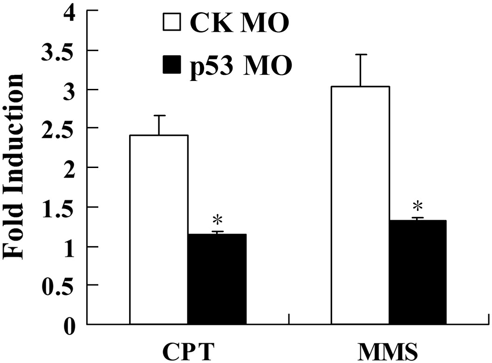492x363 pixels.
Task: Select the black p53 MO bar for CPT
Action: pyautogui.click(x=217, y=279)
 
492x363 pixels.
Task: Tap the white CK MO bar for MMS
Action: pyautogui.click(x=360, y=205)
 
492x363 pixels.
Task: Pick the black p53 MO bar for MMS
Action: pyautogui.click(x=417, y=272)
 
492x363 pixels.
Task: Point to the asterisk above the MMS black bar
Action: pyautogui.click(x=418, y=206)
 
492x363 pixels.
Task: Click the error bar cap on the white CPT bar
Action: pyautogui.click(x=159, y=115)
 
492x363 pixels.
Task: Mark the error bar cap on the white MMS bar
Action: pyautogui.click(x=361, y=54)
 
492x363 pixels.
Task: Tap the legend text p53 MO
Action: pyautogui.click(x=241, y=66)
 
